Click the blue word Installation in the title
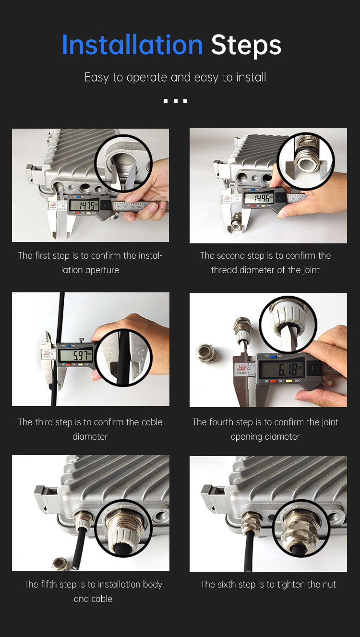pyautogui.click(x=132, y=45)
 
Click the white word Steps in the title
pyautogui.click(x=246, y=46)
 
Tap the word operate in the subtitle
pyautogui.click(x=147, y=78)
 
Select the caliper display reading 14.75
pyautogui.click(x=84, y=205)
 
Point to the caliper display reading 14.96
pyautogui.click(x=259, y=198)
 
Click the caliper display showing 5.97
pyautogui.click(x=75, y=355)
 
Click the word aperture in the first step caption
pyautogui.click(x=102, y=270)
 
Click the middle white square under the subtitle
pyautogui.click(x=176, y=101)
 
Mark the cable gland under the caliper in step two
pyautogui.click(x=237, y=224)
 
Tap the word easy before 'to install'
pyautogui.click(x=207, y=78)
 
